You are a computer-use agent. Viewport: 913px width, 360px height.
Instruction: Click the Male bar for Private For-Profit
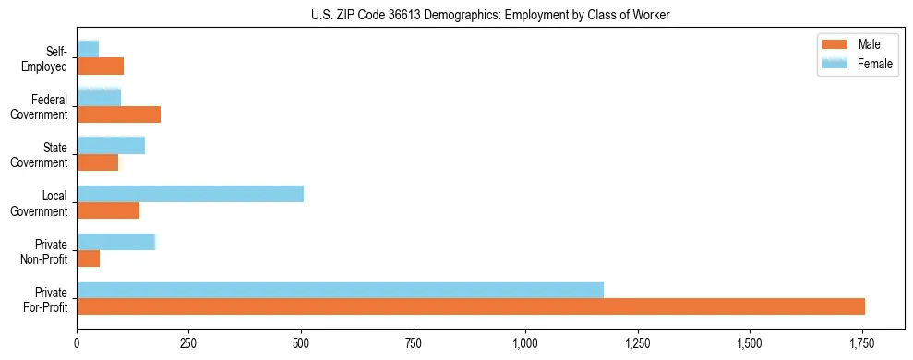(x=471, y=306)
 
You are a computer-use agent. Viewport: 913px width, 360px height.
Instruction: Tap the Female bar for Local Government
(x=190, y=194)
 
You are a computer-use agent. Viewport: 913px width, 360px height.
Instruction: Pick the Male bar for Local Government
(x=108, y=210)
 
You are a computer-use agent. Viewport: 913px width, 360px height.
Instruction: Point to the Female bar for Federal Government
(x=99, y=97)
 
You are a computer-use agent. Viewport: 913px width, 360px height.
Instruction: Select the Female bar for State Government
(x=111, y=145)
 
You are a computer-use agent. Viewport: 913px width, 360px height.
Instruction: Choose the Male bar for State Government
(x=97, y=162)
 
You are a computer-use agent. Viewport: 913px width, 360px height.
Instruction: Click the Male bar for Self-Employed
(x=100, y=66)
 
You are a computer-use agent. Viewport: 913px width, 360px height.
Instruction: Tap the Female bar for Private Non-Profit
(x=116, y=242)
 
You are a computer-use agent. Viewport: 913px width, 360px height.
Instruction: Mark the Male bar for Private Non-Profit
(x=88, y=258)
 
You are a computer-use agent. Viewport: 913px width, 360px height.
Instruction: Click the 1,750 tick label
(x=862, y=343)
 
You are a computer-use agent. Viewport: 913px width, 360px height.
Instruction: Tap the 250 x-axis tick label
(x=189, y=343)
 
